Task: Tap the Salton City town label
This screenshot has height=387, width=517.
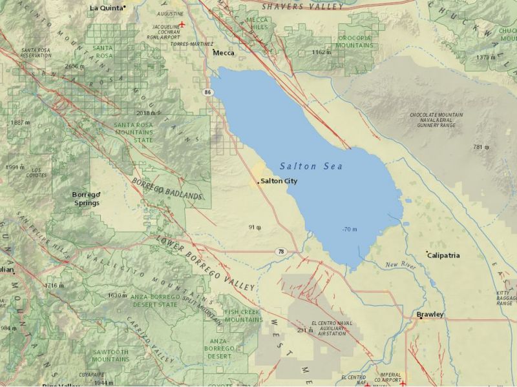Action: pyautogui.click(x=279, y=181)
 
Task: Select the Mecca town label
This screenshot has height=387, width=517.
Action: pyautogui.click(x=224, y=53)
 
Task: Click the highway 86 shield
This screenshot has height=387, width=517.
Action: pyautogui.click(x=207, y=93)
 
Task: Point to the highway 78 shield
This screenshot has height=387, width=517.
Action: pyautogui.click(x=279, y=251)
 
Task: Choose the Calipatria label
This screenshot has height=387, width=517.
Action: pyautogui.click(x=443, y=255)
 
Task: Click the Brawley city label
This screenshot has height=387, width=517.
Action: pyautogui.click(x=430, y=315)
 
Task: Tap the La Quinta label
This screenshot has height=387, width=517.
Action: pyautogui.click(x=105, y=8)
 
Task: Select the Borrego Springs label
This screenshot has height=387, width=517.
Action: pyautogui.click(x=86, y=199)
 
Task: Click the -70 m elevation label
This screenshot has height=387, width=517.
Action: pyautogui.click(x=350, y=230)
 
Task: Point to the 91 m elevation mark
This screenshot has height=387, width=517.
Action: pyautogui.click(x=254, y=227)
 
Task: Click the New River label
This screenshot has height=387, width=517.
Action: pyautogui.click(x=399, y=265)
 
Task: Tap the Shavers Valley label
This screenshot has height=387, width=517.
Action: pyautogui.click(x=302, y=6)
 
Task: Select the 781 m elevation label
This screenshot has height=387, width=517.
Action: pyautogui.click(x=481, y=147)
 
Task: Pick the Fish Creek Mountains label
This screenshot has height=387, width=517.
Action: pyautogui.click(x=243, y=316)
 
